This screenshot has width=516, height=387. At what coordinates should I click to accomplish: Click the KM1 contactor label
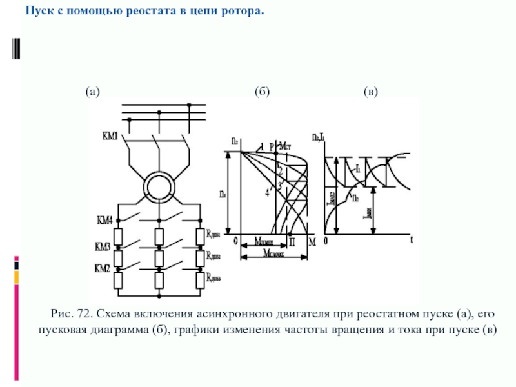[110, 136]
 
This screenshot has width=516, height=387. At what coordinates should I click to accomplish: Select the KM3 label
[104, 247]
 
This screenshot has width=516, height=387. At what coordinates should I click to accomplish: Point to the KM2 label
[104, 267]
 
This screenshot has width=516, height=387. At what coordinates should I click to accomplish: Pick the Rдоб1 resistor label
[213, 233]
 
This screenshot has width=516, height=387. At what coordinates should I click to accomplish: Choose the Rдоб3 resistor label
[213, 277]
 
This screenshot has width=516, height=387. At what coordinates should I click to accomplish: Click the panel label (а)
[93, 92]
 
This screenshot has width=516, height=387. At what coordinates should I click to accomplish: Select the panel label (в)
[371, 92]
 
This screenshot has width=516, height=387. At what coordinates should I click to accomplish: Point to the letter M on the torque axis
[312, 241]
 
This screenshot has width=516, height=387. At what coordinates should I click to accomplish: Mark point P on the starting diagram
[272, 146]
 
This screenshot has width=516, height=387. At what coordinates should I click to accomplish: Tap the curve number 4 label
[266, 192]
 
